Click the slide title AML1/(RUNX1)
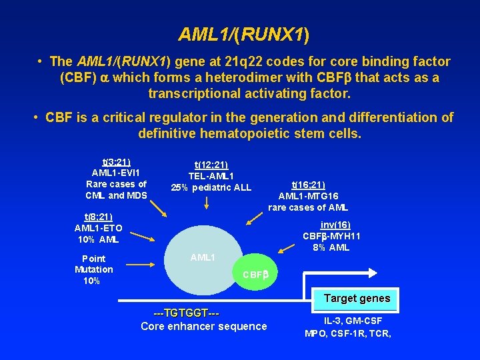[x=243, y=33]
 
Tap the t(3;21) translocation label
[x=116, y=162]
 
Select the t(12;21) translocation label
[x=211, y=165]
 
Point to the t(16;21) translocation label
[x=308, y=185]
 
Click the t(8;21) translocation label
[x=98, y=217]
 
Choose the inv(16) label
[x=335, y=225]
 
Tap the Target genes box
[x=357, y=298]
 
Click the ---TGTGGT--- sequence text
[x=186, y=313]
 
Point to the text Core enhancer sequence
[x=203, y=326]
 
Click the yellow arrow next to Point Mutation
[x=141, y=265]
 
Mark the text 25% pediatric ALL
[x=211, y=187]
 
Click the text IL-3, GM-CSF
[x=347, y=321]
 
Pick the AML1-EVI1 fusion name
[x=116, y=173]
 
